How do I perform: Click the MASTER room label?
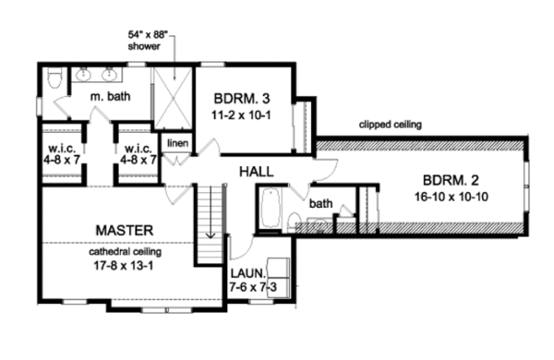point(125,231)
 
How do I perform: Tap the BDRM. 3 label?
point(242,99)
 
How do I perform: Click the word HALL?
point(257,172)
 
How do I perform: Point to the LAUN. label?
point(247,273)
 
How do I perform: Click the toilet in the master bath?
point(54,78)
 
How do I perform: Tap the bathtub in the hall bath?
point(271,208)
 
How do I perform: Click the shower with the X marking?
point(174,98)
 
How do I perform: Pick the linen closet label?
point(177,143)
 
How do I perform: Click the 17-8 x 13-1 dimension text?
point(124,265)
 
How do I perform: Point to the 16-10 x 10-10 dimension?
point(452,197)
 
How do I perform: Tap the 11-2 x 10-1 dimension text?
point(241,115)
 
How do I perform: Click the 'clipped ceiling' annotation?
point(391,125)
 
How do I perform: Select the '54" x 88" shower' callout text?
point(148,41)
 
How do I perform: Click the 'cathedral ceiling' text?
point(125,252)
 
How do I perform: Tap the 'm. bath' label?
point(110,96)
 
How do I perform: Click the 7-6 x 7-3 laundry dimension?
point(253,287)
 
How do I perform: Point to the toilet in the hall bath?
point(294,222)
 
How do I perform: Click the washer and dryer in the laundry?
point(279,278)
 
